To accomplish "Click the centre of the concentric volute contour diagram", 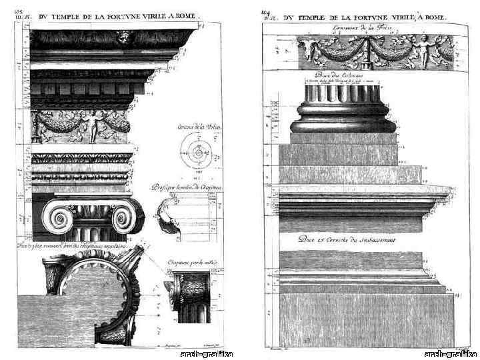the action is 198,153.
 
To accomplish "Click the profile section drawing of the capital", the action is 166,219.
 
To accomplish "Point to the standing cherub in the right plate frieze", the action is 421,49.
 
